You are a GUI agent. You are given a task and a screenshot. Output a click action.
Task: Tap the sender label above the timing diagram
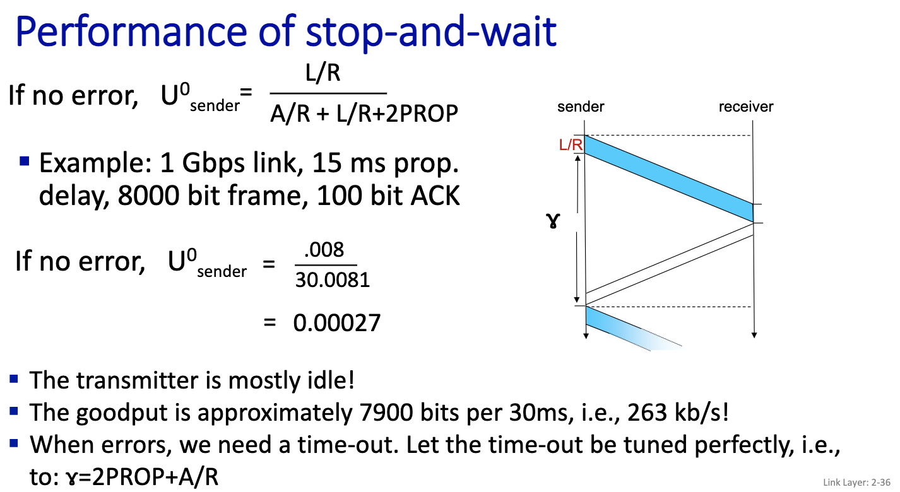pyautogui.click(x=581, y=107)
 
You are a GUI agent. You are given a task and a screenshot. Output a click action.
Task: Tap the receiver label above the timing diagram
pyautogui.click(x=746, y=107)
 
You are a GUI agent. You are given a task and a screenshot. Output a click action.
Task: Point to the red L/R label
pyautogui.click(x=571, y=145)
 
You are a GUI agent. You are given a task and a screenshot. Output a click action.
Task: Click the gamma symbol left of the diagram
pyautogui.click(x=554, y=221)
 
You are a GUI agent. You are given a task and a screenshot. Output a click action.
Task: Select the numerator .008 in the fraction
pyautogui.click(x=324, y=250)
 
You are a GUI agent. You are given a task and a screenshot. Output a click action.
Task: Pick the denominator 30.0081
pyautogui.click(x=332, y=280)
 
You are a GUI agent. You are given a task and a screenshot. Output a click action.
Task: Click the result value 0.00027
pyautogui.click(x=336, y=323)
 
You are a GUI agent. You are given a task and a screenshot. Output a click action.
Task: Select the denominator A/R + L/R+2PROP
pyautogui.click(x=364, y=114)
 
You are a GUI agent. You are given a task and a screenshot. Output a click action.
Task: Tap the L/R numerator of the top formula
pyautogui.click(x=323, y=73)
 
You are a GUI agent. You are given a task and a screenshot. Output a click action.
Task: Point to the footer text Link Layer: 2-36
pyautogui.click(x=856, y=483)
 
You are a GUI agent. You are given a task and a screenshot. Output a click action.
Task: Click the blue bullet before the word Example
pyautogui.click(x=25, y=161)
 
